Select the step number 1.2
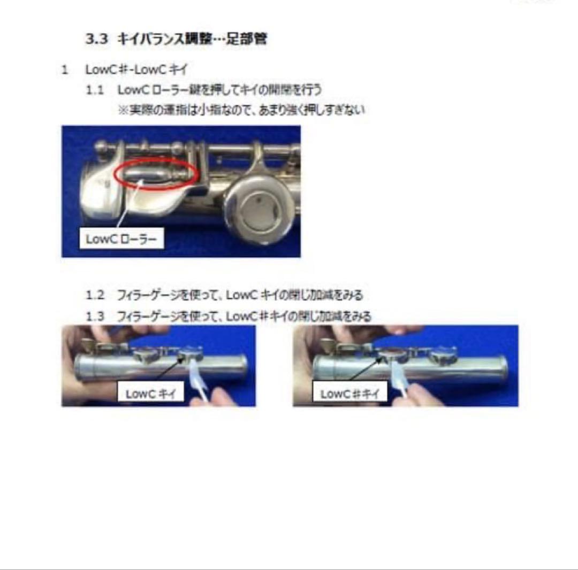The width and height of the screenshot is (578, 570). coord(95,295)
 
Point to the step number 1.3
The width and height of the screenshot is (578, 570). coord(95,316)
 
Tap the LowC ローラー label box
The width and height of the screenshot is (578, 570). coord(121,240)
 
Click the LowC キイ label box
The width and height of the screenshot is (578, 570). coord(150,394)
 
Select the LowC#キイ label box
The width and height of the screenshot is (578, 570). coord(349,394)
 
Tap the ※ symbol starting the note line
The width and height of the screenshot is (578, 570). coord(123,110)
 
